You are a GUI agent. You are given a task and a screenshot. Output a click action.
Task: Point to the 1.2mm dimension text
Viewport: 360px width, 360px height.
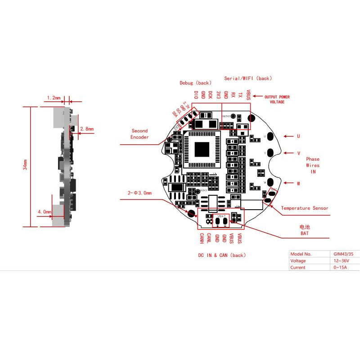54,97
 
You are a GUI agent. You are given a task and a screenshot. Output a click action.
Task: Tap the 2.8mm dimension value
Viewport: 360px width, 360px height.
86,129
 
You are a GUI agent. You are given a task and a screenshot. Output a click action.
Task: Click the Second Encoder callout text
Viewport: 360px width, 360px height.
139,134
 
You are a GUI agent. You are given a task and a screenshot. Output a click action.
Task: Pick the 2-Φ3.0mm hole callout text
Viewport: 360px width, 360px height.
139,193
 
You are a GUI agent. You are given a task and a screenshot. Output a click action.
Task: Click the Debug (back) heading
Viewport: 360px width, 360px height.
195,83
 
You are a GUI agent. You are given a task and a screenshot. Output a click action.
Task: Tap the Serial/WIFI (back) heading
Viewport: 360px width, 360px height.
248,78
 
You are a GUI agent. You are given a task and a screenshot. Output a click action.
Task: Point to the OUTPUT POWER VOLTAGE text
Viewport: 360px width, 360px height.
277,99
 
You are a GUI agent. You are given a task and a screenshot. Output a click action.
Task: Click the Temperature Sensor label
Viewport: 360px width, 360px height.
305,208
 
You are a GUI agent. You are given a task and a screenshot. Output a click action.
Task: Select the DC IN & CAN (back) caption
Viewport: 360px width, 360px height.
222,255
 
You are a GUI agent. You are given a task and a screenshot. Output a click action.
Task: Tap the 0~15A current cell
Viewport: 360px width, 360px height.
338,267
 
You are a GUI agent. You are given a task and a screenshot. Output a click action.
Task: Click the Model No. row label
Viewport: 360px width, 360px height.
301,254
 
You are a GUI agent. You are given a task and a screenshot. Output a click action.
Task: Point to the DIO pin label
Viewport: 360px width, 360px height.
196,94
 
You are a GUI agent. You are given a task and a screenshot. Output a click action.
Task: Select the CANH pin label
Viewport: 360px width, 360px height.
202,238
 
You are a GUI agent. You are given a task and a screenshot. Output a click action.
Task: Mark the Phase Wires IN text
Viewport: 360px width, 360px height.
313,165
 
